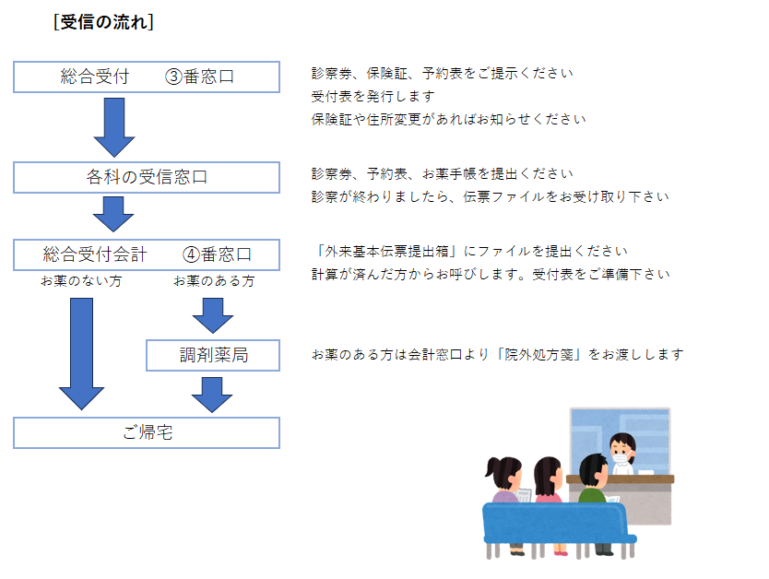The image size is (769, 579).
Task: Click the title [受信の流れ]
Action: [103, 22]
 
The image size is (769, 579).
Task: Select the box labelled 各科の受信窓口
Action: [147, 177]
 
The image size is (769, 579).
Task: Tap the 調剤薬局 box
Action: [213, 355]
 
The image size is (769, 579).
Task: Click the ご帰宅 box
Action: [147, 432]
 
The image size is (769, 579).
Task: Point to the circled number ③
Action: [173, 77]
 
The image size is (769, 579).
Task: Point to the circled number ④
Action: [191, 254]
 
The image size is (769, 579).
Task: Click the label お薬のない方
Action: [81, 281]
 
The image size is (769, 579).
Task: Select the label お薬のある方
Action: [214, 281]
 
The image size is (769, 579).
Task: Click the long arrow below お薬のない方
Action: [81, 353]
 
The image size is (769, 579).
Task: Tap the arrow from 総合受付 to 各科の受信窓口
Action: [114, 127]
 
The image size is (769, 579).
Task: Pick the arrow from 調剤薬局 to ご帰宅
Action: [212, 395]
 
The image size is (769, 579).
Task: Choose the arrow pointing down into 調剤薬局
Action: [212, 315]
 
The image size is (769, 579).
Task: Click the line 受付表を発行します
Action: [373, 96]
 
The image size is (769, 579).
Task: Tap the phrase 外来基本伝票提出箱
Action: [386, 251]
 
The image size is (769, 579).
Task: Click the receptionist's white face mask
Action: [620, 459]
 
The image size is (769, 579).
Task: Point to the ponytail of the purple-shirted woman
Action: [492, 467]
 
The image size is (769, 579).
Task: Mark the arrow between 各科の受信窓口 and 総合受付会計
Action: [113, 214]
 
